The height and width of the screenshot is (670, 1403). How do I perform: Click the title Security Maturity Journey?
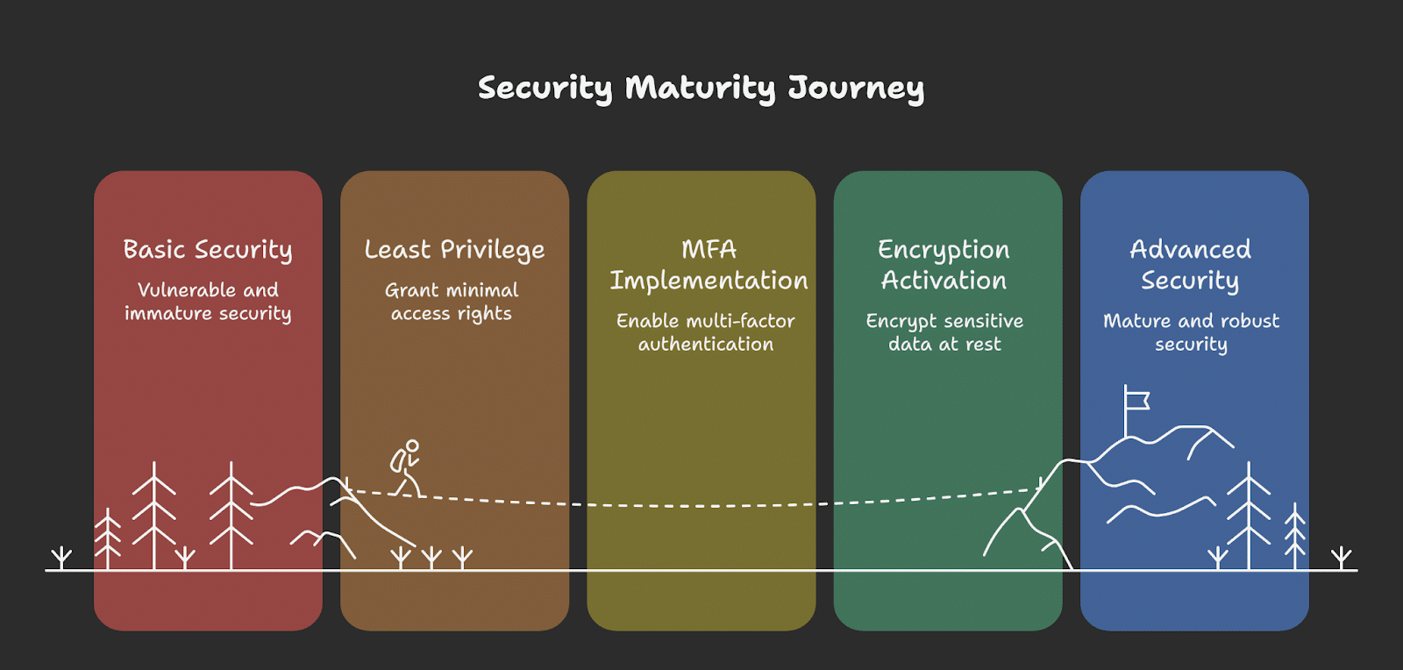coord(701,89)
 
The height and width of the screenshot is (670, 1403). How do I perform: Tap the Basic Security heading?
coord(207,250)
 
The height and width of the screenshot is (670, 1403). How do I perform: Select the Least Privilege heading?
coord(455,250)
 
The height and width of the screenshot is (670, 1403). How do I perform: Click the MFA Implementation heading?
coord(709,265)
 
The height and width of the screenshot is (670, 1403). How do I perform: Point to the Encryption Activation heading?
coord(944,265)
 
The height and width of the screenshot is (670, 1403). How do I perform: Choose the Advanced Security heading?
coord(1190,265)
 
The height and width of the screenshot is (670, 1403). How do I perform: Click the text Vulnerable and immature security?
coord(208,302)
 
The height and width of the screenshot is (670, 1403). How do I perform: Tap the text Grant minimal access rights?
coord(452,302)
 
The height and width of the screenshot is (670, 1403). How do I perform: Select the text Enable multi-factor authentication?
coord(706,332)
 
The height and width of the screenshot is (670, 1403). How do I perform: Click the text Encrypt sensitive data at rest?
coord(944,332)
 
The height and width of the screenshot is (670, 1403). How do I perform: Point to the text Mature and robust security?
coord(1192,332)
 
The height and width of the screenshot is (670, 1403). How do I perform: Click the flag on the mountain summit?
coord(1136,401)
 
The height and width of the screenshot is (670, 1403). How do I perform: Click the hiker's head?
coord(412,445)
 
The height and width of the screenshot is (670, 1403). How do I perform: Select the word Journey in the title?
coord(856,89)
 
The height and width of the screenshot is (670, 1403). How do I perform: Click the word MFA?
coord(709,249)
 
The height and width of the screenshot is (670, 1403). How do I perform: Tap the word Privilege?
coord(492,250)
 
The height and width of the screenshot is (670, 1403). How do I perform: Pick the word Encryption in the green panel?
coord(944,250)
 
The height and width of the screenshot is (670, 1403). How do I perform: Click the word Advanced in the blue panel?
coord(1191,249)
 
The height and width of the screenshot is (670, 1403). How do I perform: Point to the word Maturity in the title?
coord(701,89)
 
